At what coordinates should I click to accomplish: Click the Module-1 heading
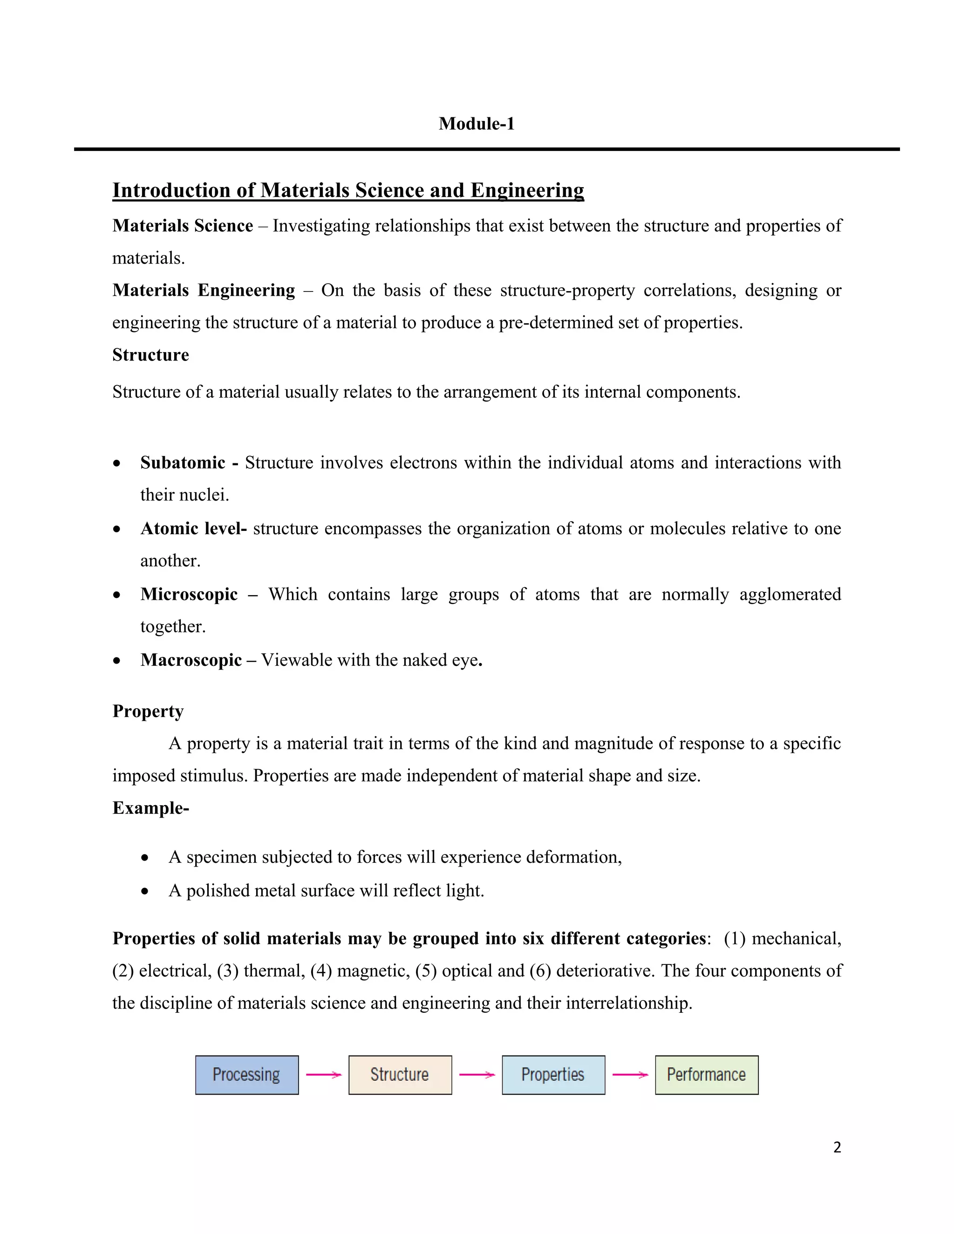click(x=477, y=124)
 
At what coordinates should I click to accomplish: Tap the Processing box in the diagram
click(x=246, y=1075)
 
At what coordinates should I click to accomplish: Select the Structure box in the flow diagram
click(x=400, y=1075)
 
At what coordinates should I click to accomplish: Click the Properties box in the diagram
click(x=553, y=1075)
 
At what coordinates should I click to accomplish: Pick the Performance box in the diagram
click(x=707, y=1075)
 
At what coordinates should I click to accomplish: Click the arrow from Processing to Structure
click(x=323, y=1075)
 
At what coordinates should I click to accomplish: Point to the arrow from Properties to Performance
click(x=630, y=1075)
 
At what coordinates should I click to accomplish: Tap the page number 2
click(x=837, y=1147)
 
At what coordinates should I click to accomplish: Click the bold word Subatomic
click(x=183, y=463)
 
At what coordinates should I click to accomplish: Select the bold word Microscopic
click(x=189, y=594)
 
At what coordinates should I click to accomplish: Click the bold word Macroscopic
click(x=191, y=660)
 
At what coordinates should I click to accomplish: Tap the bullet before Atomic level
click(x=116, y=530)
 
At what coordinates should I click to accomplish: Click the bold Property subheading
click(x=148, y=712)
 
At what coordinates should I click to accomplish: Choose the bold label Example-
click(x=150, y=808)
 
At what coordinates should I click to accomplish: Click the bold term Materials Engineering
click(x=204, y=291)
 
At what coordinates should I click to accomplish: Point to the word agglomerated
click(x=790, y=594)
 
